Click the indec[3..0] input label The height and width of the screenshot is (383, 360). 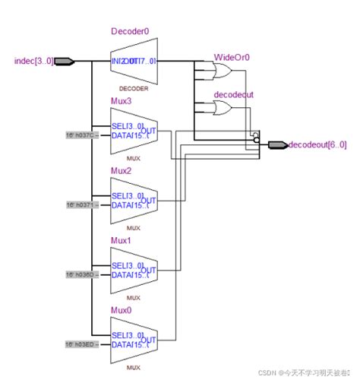click(x=33, y=60)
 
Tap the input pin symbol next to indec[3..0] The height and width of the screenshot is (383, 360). click(x=63, y=61)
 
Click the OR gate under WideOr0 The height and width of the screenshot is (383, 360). click(x=223, y=71)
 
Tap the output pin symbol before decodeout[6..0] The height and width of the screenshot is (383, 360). click(x=276, y=144)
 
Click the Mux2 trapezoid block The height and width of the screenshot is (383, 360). click(x=134, y=201)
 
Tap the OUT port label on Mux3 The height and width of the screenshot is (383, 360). click(x=148, y=130)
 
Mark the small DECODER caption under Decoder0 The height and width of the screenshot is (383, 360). click(x=133, y=89)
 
